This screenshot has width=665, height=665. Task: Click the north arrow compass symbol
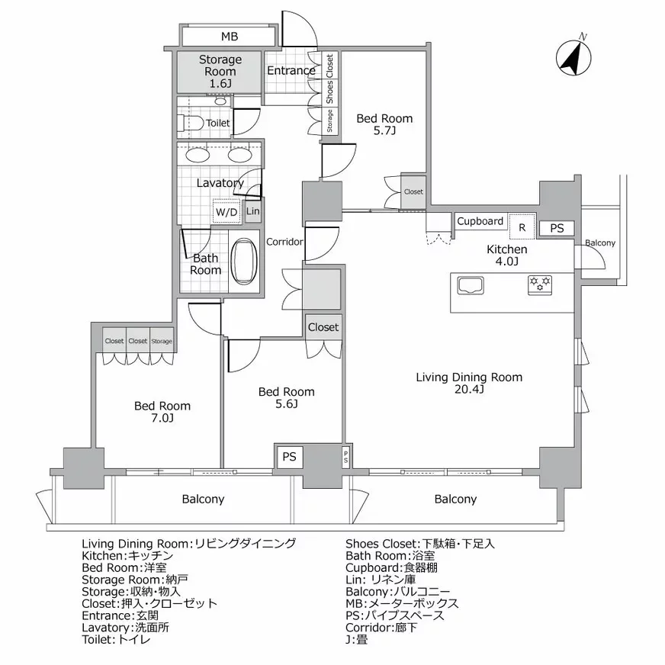coord(573,56)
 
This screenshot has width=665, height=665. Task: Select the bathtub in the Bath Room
coord(244,262)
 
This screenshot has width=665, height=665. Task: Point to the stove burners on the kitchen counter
coord(540,284)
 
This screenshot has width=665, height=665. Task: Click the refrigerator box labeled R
coord(522,226)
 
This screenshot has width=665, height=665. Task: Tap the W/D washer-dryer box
coord(226,211)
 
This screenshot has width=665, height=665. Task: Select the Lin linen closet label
coord(252,211)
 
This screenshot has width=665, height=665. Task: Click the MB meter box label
coord(230,37)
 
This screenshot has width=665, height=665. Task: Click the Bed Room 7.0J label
coord(162,412)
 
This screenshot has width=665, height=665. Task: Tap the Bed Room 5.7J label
coord(384,124)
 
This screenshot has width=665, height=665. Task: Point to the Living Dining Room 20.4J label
coord(469,383)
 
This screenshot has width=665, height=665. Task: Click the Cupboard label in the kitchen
coord(480,221)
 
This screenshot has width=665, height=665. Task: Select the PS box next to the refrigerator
coord(557,228)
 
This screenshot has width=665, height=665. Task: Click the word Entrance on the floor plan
coord(291,71)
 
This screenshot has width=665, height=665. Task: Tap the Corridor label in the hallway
coord(284,242)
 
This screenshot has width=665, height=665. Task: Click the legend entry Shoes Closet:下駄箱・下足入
coord(420,544)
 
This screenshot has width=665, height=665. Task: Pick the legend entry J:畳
coord(356,640)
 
